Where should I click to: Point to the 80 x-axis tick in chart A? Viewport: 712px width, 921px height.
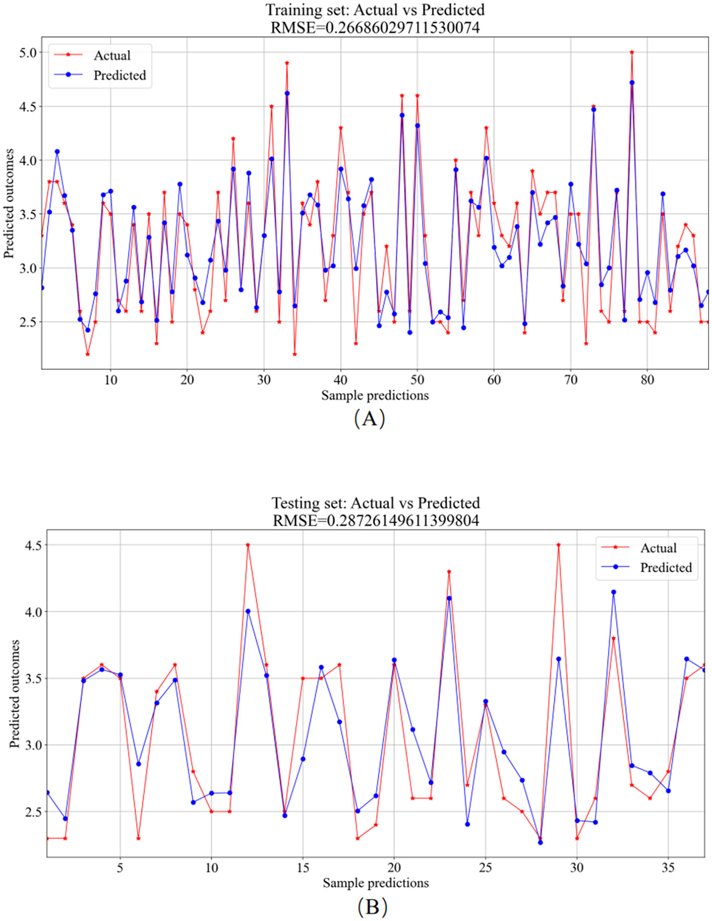click(x=647, y=380)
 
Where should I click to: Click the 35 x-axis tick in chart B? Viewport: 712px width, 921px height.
click(x=668, y=867)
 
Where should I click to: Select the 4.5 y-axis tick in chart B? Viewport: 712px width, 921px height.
click(x=32, y=545)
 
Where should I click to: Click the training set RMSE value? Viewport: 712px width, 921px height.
click(x=402, y=27)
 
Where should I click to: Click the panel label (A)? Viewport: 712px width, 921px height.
click(x=369, y=418)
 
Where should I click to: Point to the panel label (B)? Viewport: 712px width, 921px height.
click(x=372, y=906)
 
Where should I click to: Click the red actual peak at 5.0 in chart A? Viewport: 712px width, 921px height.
click(x=632, y=52)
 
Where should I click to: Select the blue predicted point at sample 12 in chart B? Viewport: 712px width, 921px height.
click(x=248, y=611)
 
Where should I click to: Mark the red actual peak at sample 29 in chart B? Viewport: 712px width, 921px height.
click(x=558, y=545)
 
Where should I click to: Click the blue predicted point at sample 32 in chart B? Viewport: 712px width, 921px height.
click(x=613, y=592)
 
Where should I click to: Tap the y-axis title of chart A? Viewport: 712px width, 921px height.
click(x=9, y=203)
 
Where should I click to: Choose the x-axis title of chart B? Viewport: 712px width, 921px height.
click(x=375, y=883)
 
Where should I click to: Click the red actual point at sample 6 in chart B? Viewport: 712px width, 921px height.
click(x=138, y=838)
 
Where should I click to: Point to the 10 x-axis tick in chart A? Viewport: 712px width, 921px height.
click(x=111, y=380)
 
